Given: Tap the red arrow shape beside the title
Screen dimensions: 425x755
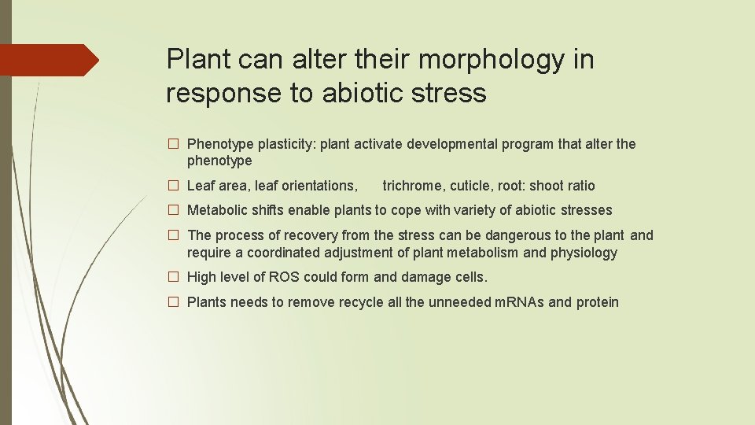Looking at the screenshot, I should click(x=49, y=60).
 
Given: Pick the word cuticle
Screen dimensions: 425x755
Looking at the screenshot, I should click(x=470, y=186).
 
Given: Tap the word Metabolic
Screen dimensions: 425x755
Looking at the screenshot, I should click(x=216, y=210).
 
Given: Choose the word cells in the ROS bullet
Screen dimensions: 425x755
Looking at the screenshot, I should click(x=470, y=277).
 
